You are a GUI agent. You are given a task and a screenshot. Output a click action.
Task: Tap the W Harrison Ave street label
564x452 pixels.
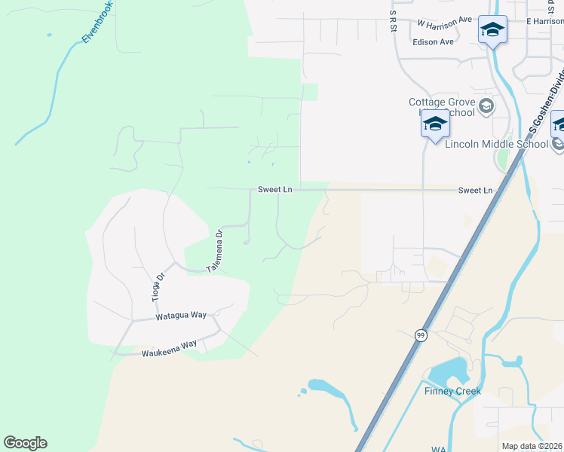pyautogui.click(x=444, y=20)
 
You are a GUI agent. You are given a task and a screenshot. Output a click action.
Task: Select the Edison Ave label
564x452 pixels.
pyautogui.click(x=433, y=41)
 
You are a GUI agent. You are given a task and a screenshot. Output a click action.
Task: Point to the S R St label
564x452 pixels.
pyautogui.click(x=394, y=20)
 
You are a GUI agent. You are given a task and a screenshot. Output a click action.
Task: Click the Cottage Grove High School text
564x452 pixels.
pyautogui.click(x=443, y=107)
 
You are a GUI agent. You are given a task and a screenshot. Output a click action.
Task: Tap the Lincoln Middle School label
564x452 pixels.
pyautogui.click(x=496, y=144)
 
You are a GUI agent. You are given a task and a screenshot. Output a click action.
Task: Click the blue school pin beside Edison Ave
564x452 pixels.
pyautogui.click(x=492, y=30)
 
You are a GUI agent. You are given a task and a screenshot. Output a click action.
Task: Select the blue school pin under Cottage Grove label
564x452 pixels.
pyautogui.click(x=435, y=124)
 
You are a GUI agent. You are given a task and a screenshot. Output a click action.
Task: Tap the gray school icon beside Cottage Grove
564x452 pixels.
pyautogui.click(x=486, y=105)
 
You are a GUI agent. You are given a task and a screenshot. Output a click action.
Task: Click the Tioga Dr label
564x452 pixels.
pyautogui.click(x=158, y=287)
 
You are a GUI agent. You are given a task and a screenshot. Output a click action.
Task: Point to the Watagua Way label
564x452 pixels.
pyautogui.click(x=181, y=316)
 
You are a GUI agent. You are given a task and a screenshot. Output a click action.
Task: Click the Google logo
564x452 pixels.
pyautogui.click(x=25, y=443)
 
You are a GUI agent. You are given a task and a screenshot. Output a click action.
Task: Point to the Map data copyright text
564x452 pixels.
pyautogui.click(x=532, y=446)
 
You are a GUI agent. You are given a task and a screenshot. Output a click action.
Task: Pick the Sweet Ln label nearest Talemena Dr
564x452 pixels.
pyautogui.click(x=274, y=190)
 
